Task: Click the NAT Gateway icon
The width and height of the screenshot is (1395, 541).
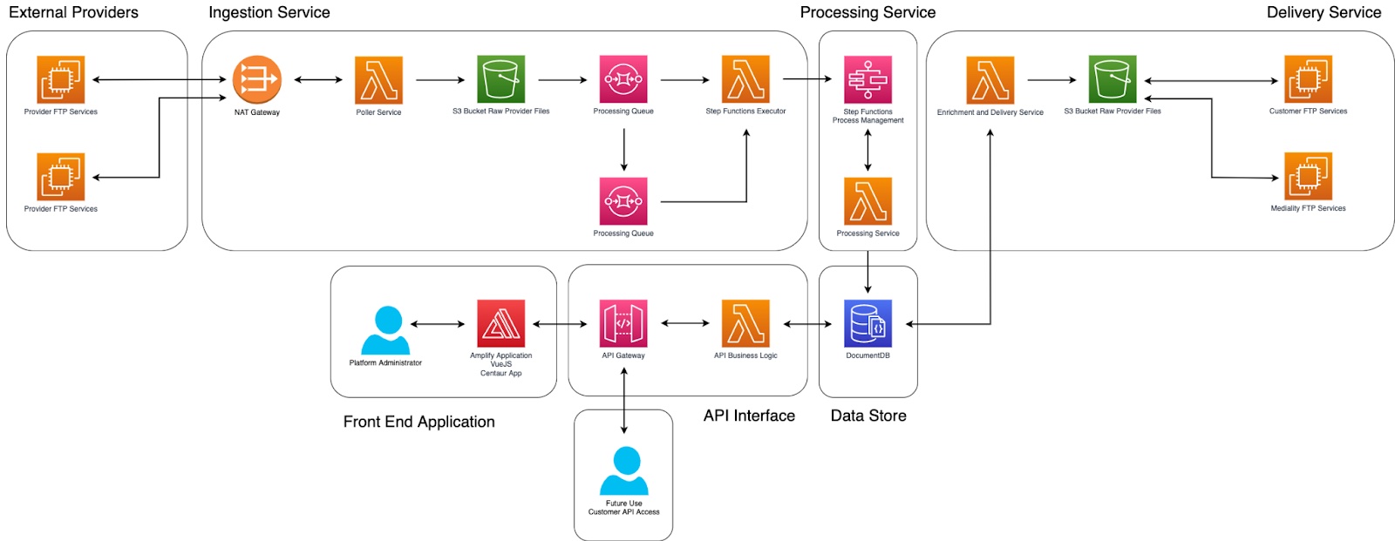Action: (x=256, y=80)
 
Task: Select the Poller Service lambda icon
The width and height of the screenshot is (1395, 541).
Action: (x=378, y=80)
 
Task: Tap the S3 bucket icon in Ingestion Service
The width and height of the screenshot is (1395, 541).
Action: (x=500, y=80)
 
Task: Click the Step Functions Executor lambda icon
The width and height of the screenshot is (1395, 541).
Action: (x=745, y=80)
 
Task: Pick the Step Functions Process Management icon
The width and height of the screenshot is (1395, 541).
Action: (x=868, y=80)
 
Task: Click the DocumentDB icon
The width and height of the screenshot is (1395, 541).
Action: (x=868, y=323)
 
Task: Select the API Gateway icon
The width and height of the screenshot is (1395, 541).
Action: (x=623, y=323)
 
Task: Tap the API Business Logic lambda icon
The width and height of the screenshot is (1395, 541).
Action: (x=745, y=323)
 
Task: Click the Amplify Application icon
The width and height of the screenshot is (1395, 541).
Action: (x=500, y=323)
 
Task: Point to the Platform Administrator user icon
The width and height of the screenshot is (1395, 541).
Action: (x=385, y=330)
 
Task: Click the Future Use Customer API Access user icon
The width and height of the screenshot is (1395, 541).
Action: (x=624, y=470)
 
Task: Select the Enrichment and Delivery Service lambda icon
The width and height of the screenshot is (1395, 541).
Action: (x=990, y=80)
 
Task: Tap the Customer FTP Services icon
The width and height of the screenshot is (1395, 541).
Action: (x=1308, y=79)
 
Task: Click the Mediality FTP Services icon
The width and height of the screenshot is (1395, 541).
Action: (x=1308, y=177)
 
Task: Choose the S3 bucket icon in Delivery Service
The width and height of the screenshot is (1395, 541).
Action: (x=1113, y=79)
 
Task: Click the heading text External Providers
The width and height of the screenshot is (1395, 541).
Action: (x=73, y=12)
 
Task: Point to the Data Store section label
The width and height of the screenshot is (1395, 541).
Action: (x=868, y=416)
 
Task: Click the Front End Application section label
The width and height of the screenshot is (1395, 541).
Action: (x=418, y=422)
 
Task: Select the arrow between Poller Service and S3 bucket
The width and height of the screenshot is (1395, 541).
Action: (x=440, y=80)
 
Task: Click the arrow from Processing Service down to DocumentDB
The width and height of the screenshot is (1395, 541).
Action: (x=868, y=272)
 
